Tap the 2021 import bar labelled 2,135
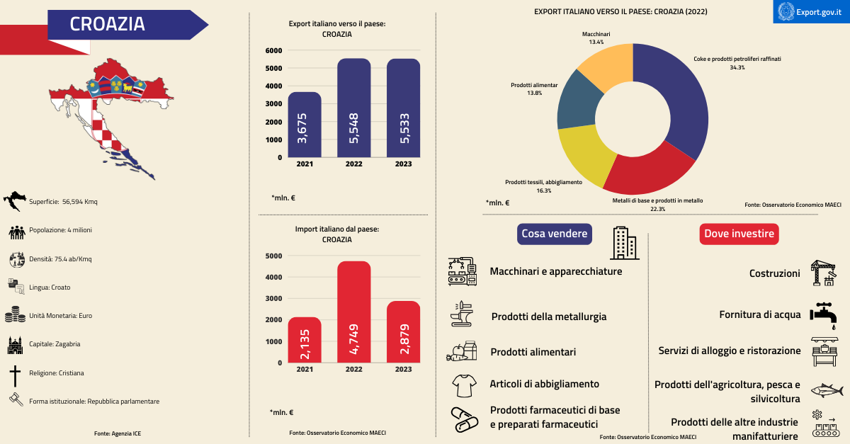tap(305, 339)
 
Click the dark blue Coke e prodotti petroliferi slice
tap(676, 106)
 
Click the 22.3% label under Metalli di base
tap(657, 209)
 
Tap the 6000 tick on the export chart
tap(273, 50)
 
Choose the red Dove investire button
tap(739, 234)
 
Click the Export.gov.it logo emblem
tap(786, 12)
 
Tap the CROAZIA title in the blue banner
tap(107, 24)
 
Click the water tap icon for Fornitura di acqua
tap(822, 312)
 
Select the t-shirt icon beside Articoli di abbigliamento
tap(464, 385)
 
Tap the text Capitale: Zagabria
tap(55, 344)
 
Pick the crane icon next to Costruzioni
tap(824, 273)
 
